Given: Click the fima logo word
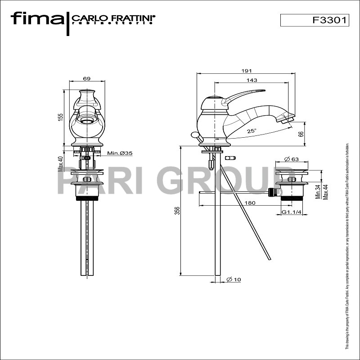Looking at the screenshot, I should (37, 19).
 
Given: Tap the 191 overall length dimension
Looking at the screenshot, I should (246, 71).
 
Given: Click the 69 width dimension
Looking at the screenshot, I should (86, 79).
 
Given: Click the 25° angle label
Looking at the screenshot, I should (252, 131).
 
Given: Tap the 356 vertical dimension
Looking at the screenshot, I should (177, 210).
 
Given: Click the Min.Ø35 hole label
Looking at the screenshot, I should (119, 153).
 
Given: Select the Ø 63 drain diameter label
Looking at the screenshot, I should (292, 159).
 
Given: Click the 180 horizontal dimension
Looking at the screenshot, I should (250, 203).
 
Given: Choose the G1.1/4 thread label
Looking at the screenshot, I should (291, 212).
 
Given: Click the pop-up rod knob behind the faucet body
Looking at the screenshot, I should (194, 135).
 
